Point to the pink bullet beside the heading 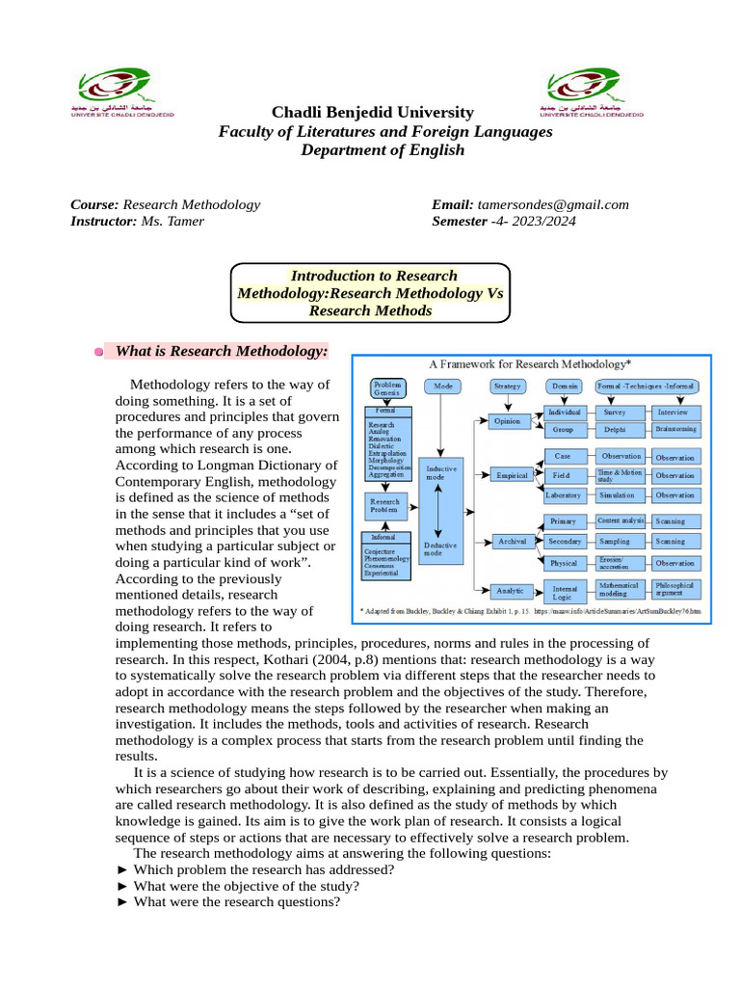99,352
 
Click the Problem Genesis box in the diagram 388,387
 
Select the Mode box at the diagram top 443,387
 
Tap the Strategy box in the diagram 507,387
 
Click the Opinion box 507,421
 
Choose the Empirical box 512,475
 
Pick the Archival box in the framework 512,542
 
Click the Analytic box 511,590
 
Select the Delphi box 615,430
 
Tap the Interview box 674,413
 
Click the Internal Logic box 562,591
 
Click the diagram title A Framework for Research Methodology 530,364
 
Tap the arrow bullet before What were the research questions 121,903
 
